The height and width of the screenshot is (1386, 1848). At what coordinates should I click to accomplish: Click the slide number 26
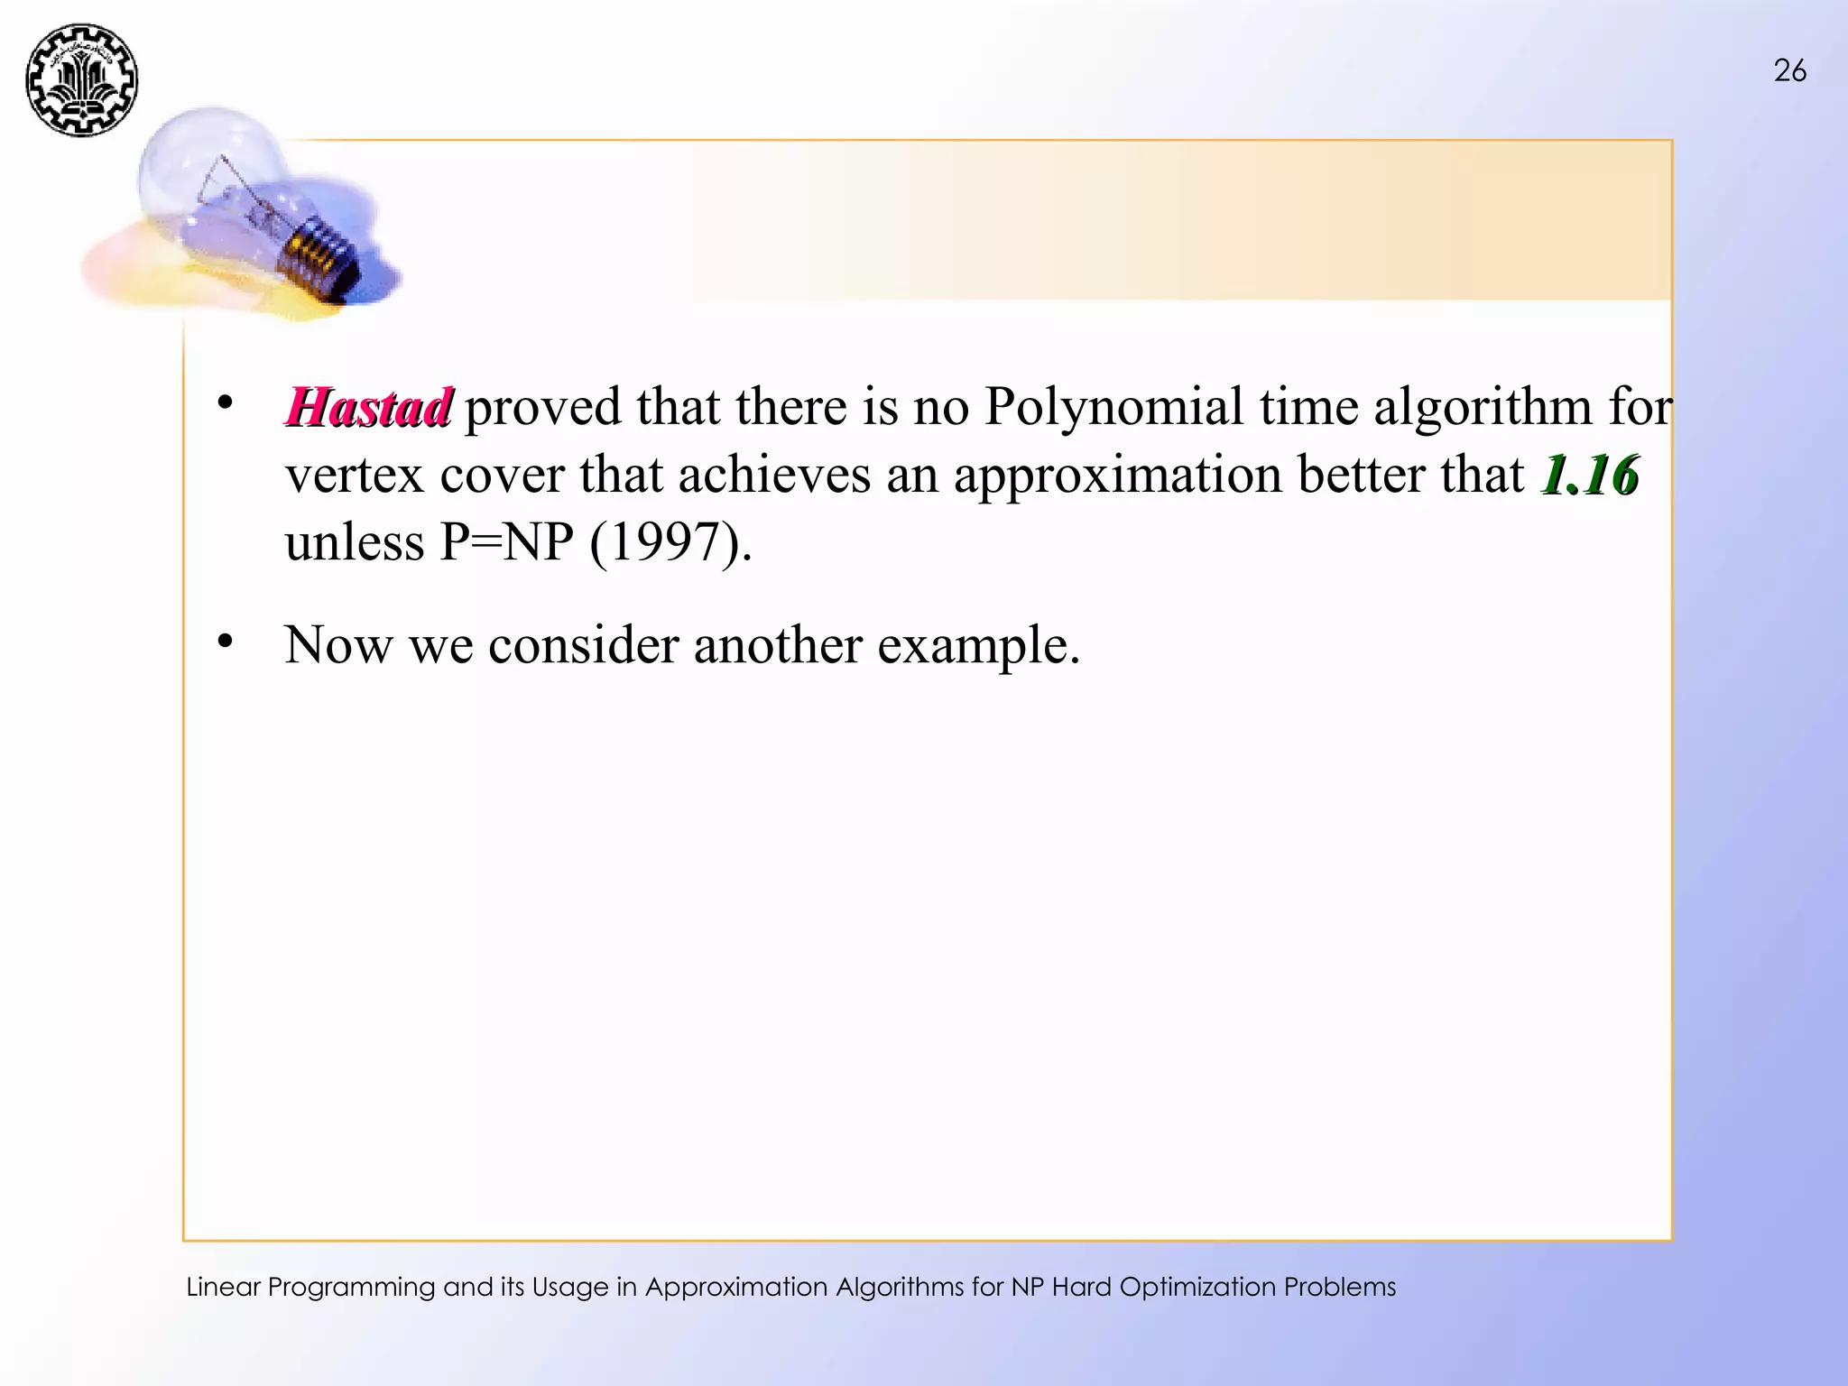tap(1789, 70)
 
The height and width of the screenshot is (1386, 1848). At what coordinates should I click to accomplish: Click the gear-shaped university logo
tap(82, 80)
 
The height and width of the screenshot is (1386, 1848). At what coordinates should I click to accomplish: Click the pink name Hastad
tap(368, 407)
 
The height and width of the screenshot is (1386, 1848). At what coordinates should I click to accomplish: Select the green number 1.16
tap(1590, 476)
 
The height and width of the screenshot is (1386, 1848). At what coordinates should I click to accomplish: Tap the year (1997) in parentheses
tap(669, 542)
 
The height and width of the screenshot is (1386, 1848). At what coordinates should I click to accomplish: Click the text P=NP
tap(506, 542)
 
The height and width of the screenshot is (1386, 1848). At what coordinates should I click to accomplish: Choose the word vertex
tap(355, 476)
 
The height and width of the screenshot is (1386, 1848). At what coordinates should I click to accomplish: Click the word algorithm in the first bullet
tap(1483, 407)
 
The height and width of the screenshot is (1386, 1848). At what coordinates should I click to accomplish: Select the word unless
tap(355, 542)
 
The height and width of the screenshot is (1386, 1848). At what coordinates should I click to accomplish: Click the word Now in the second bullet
tap(338, 645)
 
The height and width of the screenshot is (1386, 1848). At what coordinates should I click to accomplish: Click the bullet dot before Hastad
tap(225, 402)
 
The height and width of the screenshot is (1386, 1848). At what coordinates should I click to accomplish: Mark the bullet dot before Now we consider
tap(225, 642)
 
